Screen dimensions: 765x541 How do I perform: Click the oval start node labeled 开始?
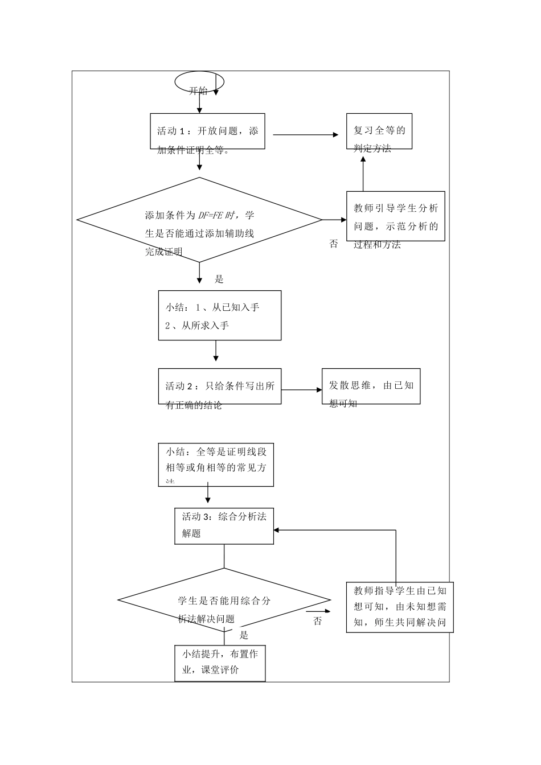199,82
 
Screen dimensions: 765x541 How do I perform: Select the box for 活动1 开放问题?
207,131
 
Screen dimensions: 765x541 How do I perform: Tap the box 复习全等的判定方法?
379,131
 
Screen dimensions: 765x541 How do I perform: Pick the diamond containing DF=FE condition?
199,220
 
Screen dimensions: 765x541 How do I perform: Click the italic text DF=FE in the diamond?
210,215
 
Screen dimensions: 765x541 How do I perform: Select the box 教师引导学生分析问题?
396,216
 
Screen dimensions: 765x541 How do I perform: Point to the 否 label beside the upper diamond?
334,244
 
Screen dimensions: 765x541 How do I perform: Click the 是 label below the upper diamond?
219,279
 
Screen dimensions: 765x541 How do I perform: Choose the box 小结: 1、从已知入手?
219,315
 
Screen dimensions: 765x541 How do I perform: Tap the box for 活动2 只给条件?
219,386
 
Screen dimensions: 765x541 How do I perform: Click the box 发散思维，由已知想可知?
371,386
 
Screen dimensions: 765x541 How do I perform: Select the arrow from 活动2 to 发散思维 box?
302,390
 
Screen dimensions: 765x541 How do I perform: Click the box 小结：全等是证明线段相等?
216,465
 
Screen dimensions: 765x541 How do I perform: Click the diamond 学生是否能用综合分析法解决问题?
224,600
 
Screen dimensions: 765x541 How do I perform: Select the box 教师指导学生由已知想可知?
400,607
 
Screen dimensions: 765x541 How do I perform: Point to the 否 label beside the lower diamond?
318,621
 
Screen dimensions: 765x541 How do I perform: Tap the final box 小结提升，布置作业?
220,663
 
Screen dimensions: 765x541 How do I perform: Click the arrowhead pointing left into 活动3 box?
277,530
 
